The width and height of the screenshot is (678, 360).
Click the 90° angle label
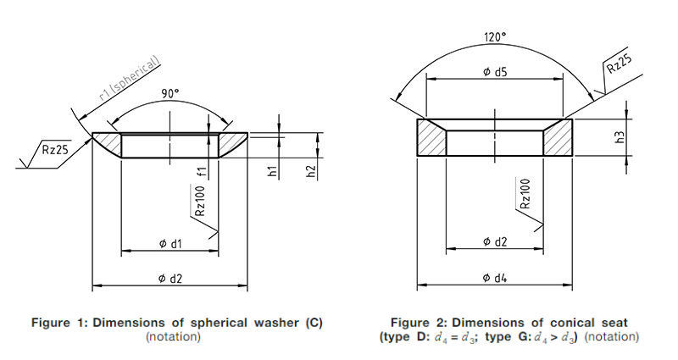(170, 93)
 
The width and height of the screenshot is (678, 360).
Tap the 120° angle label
(495, 36)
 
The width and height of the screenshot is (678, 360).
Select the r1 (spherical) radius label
(130, 78)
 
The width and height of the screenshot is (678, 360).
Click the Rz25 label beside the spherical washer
(55, 150)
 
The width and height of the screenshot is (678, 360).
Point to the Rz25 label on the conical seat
(619, 64)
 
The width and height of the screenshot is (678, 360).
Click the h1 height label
(272, 170)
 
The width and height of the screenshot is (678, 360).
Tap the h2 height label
(311, 172)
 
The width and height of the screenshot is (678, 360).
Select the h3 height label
(620, 137)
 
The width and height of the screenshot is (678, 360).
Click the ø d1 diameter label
(171, 244)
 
